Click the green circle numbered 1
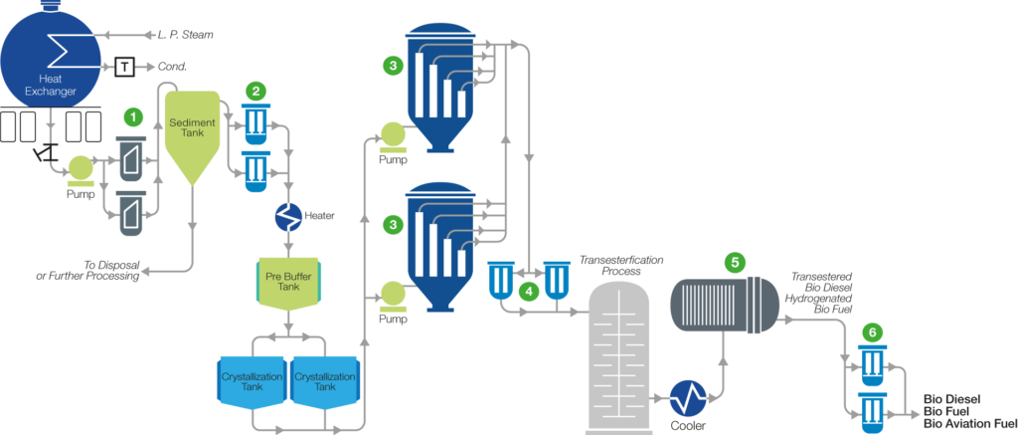point(129,117)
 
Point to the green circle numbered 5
point(735,262)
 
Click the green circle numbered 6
point(873,329)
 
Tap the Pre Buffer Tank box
point(289,287)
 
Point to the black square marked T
point(125,67)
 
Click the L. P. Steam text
point(185,35)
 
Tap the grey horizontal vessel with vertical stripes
point(722,305)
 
